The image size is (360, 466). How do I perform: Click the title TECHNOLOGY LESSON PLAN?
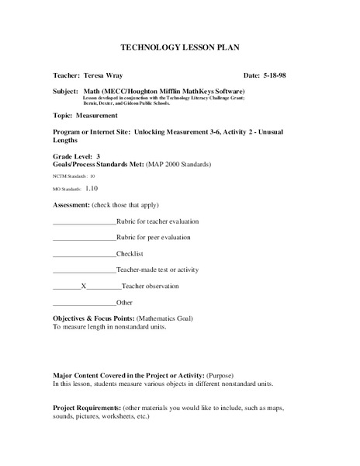(179, 48)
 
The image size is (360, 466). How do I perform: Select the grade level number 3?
(98, 155)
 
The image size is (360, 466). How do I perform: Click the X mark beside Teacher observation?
(83, 287)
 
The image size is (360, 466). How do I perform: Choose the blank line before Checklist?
(84, 254)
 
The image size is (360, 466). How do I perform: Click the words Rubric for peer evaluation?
(154, 237)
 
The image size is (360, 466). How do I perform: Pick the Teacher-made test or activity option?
(157, 270)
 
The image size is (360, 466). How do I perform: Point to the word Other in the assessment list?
(125, 302)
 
